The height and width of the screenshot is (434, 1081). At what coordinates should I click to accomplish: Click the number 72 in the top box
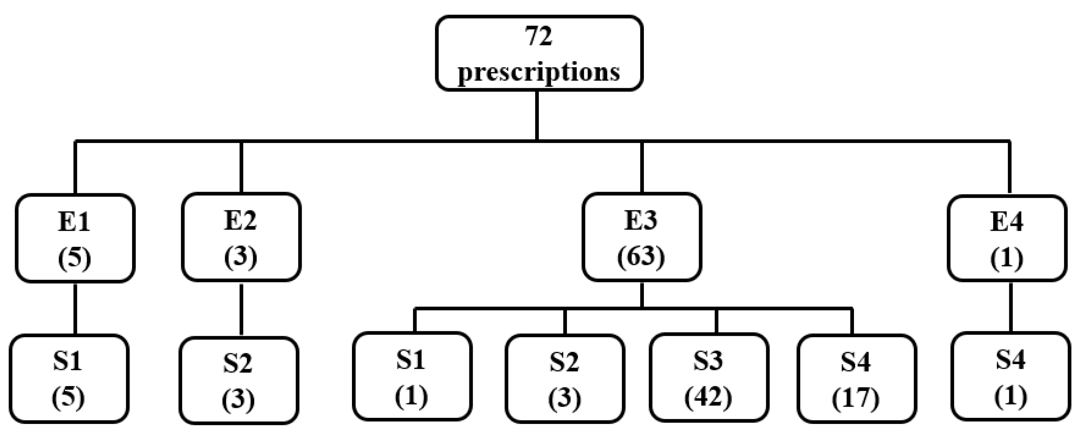(x=539, y=36)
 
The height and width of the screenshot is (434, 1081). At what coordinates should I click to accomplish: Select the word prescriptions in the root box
(x=539, y=72)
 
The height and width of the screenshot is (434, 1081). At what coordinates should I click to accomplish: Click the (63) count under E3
(x=641, y=256)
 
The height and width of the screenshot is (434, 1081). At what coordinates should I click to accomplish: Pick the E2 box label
(x=241, y=221)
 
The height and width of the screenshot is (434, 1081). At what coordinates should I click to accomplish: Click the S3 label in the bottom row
(x=708, y=360)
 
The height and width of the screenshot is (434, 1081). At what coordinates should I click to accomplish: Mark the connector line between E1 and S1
(x=75, y=308)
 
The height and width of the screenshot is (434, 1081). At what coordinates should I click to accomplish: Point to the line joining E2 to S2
(x=241, y=309)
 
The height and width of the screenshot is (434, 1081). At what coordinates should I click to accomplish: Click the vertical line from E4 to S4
(x=1010, y=307)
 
